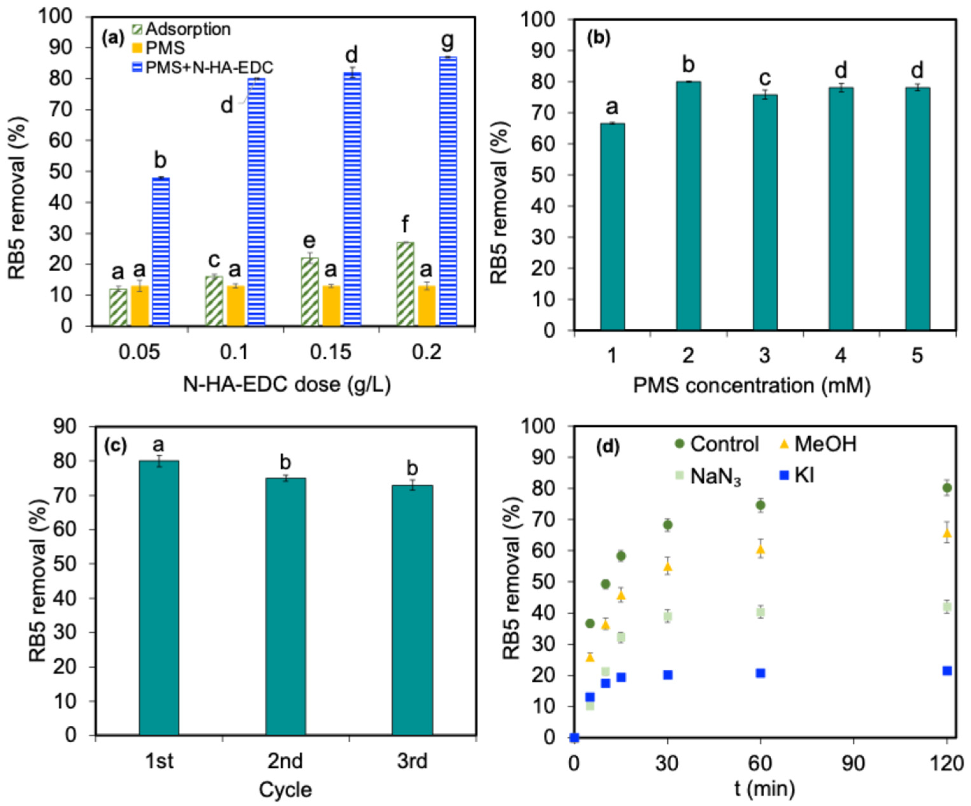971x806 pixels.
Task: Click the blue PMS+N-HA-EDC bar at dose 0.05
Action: pyautogui.click(x=161, y=252)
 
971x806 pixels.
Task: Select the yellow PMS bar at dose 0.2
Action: pyautogui.click(x=427, y=306)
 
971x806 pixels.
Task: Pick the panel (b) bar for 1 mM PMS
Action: pyautogui.click(x=612, y=226)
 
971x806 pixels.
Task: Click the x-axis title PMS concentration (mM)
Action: pyautogui.click(x=752, y=385)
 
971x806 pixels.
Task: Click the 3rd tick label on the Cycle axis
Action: pyautogui.click(x=412, y=761)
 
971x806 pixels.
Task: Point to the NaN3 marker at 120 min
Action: pyautogui.click(x=946, y=607)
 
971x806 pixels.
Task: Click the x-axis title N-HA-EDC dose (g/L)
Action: pyautogui.click(x=287, y=384)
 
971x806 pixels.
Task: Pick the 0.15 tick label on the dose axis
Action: pyautogui.click(x=331, y=352)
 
